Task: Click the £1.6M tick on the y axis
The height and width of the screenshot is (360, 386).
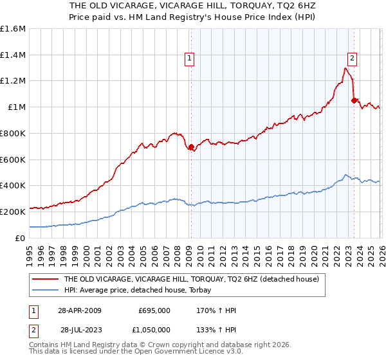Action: click(x=13, y=29)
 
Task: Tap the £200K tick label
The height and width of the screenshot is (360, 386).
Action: click(x=13, y=212)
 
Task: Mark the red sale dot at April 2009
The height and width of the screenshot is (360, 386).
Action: click(x=191, y=147)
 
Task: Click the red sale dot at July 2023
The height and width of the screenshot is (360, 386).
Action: click(x=354, y=100)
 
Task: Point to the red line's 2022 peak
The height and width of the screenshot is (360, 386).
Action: click(x=346, y=68)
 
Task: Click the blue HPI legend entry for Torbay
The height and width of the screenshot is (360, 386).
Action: click(x=142, y=290)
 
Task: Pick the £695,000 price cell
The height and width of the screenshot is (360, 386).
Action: click(x=154, y=310)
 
